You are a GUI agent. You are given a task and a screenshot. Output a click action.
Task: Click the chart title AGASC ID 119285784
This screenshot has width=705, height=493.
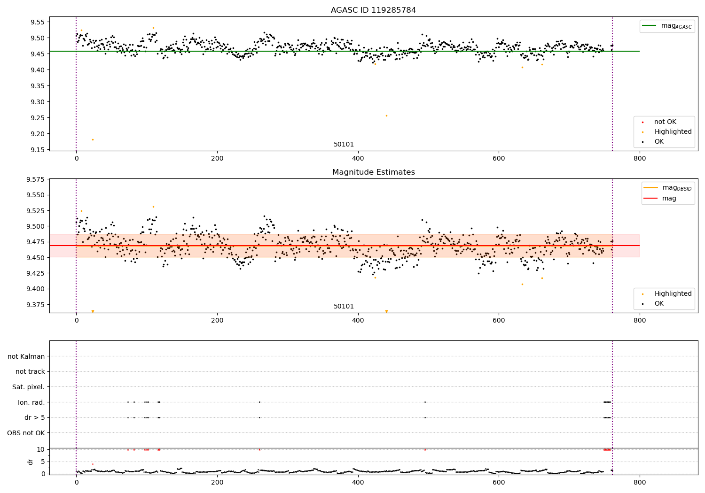[x=373, y=10]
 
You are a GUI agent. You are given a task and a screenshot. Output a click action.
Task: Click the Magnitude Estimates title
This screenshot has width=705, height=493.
[x=373, y=172]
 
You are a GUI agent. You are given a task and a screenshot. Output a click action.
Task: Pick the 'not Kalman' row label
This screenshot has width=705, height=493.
[x=26, y=356]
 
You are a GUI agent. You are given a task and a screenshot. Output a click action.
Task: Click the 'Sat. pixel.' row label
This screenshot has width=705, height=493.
[x=28, y=387]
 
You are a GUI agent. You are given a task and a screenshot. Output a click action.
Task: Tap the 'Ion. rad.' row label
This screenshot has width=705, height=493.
[x=31, y=402]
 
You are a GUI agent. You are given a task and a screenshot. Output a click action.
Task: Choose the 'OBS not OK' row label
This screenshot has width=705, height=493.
[x=26, y=433]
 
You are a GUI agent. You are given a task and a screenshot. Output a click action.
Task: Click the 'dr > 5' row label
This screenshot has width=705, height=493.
[x=34, y=417]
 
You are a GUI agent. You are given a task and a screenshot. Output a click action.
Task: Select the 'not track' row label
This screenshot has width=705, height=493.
[x=30, y=371]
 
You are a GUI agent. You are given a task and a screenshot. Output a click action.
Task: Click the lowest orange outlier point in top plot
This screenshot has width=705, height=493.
[x=93, y=139]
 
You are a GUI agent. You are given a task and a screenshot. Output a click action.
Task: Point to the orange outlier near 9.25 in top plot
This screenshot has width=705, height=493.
[x=386, y=116]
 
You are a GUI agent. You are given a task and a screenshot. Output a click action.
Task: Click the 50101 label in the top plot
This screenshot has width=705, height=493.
[x=344, y=145]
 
